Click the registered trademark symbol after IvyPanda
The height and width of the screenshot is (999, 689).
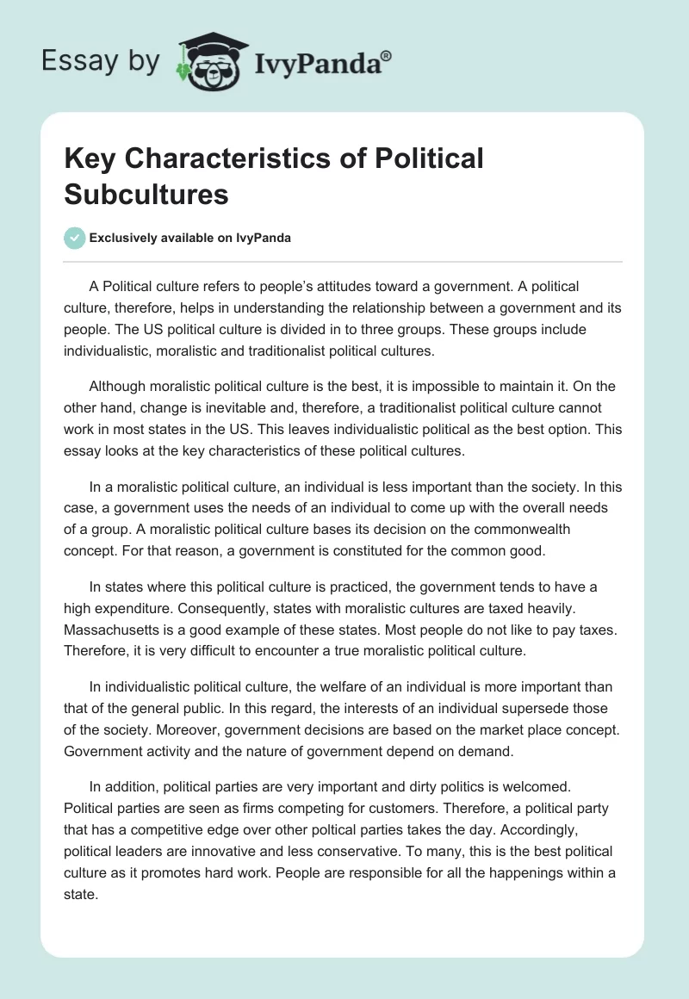click(x=387, y=55)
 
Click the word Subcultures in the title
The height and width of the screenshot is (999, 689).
click(x=146, y=194)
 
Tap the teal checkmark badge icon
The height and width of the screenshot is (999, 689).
click(x=75, y=238)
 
